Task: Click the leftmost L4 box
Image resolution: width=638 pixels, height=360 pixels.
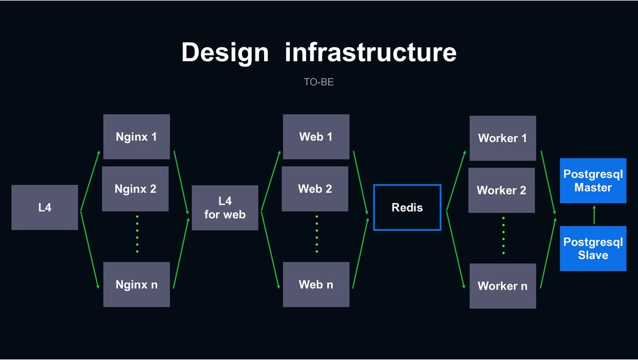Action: pyautogui.click(x=45, y=207)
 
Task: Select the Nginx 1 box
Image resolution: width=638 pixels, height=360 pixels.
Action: pyautogui.click(x=136, y=136)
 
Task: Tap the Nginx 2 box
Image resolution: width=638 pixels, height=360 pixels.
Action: pyautogui.click(x=135, y=189)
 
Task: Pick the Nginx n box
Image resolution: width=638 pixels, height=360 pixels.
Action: pyautogui.click(x=136, y=285)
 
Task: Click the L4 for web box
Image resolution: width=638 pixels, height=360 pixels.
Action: pyautogui.click(x=225, y=208)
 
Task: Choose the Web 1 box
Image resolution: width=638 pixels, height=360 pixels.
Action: pyautogui.click(x=316, y=136)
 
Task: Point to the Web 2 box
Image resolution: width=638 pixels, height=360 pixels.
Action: pyautogui.click(x=315, y=189)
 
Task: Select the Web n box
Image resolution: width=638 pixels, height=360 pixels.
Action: pyautogui.click(x=316, y=285)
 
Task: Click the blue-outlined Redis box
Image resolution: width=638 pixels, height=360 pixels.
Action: pyautogui.click(x=407, y=185)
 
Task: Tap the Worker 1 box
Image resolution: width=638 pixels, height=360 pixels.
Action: pyautogui.click(x=503, y=138)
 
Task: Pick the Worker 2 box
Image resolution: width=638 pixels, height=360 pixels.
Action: pyautogui.click(x=502, y=191)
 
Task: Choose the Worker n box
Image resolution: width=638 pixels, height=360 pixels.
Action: pyautogui.click(x=503, y=286)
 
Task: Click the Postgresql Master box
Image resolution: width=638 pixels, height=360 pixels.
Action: pyautogui.click(x=593, y=181)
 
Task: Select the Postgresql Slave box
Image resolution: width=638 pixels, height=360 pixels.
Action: pyautogui.click(x=593, y=249)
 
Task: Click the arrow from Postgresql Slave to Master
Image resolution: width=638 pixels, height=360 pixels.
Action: pyautogui.click(x=594, y=215)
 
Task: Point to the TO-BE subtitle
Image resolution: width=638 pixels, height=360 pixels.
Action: pyautogui.click(x=319, y=82)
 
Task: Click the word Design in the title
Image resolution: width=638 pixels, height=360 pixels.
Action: pyautogui.click(x=225, y=53)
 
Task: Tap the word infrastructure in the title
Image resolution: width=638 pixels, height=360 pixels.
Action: pyautogui.click(x=371, y=52)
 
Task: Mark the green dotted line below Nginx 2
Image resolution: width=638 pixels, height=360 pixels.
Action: pyautogui.click(x=137, y=234)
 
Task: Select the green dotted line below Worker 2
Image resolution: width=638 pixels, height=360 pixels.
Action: pyautogui.click(x=503, y=235)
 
